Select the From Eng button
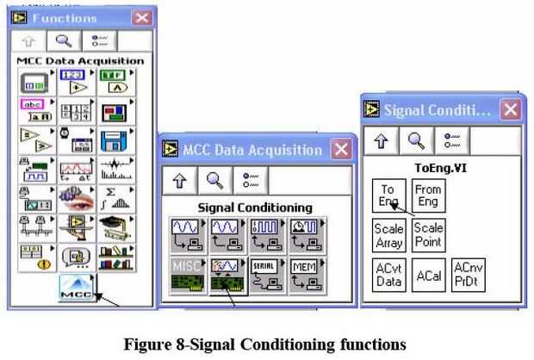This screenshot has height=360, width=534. point(428,194)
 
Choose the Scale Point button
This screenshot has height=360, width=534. point(428,235)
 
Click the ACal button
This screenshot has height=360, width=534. point(428,276)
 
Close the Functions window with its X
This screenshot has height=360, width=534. point(141,17)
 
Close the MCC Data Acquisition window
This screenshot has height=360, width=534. point(342,150)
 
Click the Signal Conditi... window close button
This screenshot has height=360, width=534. point(510,110)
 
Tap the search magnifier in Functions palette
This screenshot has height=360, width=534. point(64,41)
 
